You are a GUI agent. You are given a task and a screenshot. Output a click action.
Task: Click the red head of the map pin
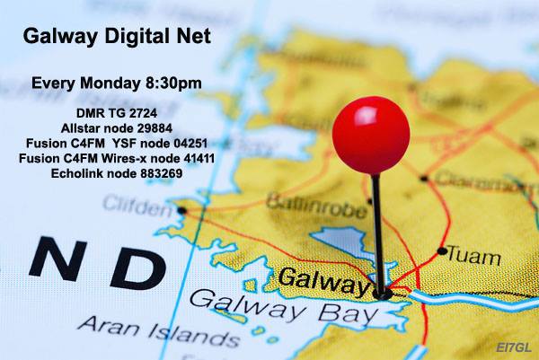[x=370, y=134]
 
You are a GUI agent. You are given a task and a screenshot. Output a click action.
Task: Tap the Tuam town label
[x=473, y=257]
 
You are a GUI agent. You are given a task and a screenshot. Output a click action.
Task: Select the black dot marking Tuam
[x=441, y=252]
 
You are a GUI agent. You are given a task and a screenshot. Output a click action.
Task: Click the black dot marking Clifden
[x=181, y=209]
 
